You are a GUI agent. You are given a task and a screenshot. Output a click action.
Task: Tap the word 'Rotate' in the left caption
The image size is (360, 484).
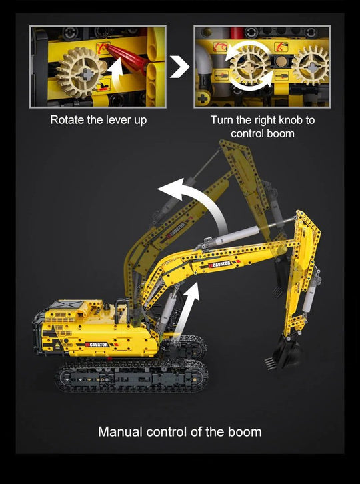coord(67,120)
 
